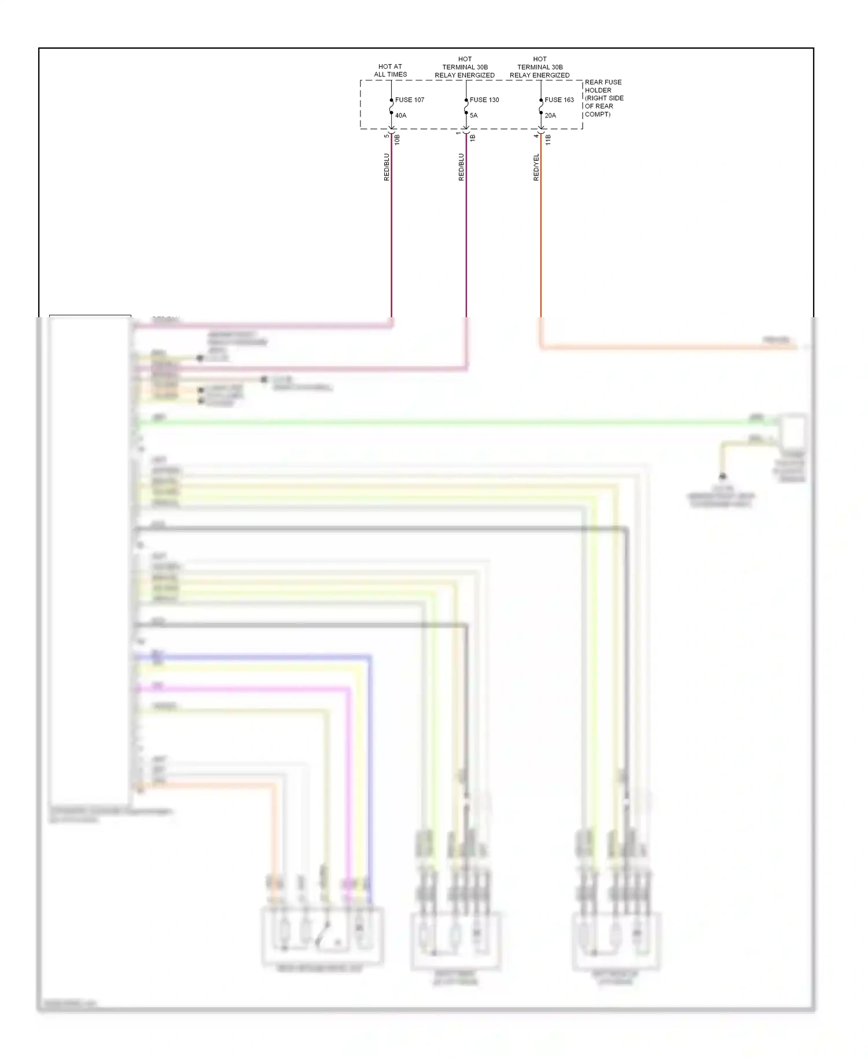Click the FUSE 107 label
[409, 100]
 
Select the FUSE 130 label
[484, 100]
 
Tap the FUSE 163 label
[559, 100]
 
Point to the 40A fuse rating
[400, 115]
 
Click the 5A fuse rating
[473, 115]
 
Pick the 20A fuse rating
[550, 115]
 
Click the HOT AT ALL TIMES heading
[390, 70]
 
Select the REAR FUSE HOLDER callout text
[604, 98]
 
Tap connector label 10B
[398, 139]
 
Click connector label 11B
[548, 139]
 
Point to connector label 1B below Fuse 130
[473, 138]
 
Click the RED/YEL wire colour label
[536, 167]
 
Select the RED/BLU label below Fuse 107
[387, 167]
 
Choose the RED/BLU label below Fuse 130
[461, 167]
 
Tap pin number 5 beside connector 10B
[387, 135]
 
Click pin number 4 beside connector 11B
[536, 135]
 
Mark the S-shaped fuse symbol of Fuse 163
[541, 108]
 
